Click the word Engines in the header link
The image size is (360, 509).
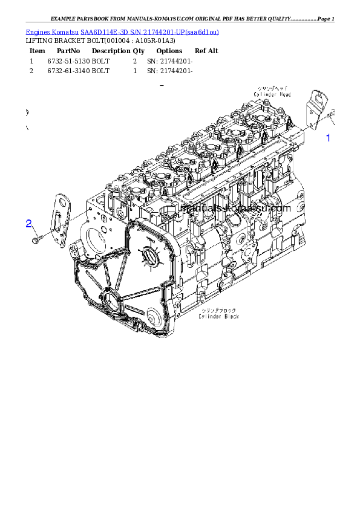[38, 31]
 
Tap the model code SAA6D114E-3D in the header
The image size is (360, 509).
[103, 31]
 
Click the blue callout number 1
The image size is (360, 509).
[329, 138]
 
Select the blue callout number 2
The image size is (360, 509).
[28, 224]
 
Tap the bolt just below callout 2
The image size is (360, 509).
[36, 241]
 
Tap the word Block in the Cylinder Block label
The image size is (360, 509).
[230, 316]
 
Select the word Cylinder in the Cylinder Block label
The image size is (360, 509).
[209, 316]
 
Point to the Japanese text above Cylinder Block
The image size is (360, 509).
[218, 310]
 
